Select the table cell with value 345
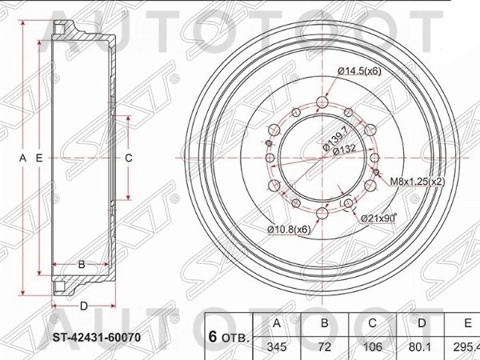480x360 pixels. click(278, 347)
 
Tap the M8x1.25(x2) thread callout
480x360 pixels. click(417, 182)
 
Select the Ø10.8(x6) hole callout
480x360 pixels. click(289, 230)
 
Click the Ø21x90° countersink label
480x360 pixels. click(379, 218)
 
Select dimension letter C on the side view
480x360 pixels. click(128, 158)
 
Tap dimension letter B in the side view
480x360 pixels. click(81, 264)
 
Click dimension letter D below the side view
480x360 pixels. click(83, 306)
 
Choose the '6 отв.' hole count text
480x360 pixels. click(228, 336)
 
